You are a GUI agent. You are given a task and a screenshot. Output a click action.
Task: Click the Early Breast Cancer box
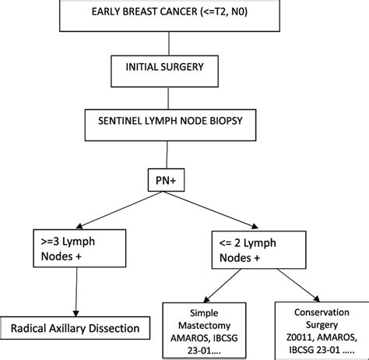coord(170,16)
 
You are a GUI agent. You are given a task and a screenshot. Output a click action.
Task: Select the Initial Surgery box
coord(164,71)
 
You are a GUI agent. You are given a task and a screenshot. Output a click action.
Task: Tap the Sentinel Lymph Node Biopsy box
coord(170,125)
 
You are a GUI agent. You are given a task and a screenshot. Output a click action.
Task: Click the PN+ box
coord(166,180)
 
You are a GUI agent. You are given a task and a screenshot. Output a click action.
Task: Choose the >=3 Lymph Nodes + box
coord(79,249)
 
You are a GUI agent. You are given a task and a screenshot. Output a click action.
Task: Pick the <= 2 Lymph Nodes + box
coord(259,249)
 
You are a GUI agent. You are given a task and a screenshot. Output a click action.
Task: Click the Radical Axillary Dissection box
coord(75,328)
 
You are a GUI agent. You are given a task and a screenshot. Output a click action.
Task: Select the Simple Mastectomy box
coord(204,330)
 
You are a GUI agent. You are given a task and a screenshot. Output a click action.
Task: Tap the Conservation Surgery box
coord(322,330)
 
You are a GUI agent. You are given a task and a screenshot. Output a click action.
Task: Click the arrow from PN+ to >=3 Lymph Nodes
coord(120,210)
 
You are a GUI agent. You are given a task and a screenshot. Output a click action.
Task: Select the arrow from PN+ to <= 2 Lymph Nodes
coord(211,210)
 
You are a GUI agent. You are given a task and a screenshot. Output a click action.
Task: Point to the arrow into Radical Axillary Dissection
coord(76,292)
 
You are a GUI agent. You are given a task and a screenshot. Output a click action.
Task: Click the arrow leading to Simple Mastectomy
coord(223,286)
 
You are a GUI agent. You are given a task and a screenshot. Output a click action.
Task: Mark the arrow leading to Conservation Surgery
coord(298,285)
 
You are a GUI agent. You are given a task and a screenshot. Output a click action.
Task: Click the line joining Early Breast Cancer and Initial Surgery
coord(169,44)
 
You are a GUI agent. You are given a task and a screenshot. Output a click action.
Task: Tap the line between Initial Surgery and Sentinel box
coord(168,98)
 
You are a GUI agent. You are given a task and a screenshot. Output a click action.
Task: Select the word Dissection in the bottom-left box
coord(114,328)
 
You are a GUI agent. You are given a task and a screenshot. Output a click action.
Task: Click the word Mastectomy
coord(204,326)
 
